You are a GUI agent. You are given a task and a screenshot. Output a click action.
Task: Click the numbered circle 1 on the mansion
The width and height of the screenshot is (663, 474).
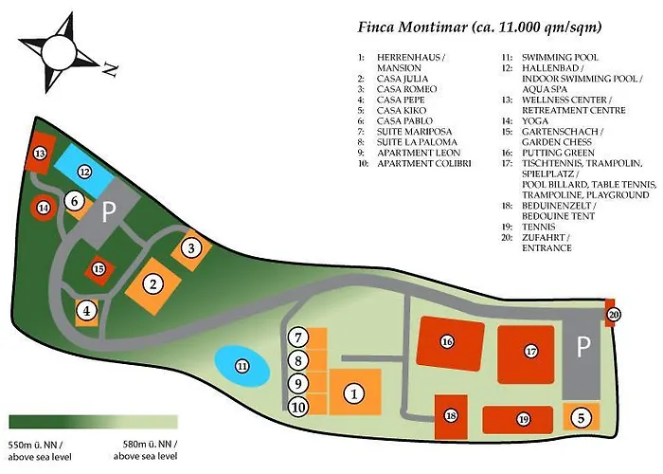click(x=352, y=392)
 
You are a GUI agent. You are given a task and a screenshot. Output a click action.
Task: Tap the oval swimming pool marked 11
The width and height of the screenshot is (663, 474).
click(x=242, y=367)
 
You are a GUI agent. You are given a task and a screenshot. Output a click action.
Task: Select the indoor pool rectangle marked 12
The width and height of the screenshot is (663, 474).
click(x=84, y=173)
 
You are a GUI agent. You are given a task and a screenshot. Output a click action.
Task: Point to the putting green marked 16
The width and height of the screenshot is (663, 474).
click(x=447, y=341)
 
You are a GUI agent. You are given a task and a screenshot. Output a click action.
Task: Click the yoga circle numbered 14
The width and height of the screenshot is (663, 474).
click(x=43, y=208)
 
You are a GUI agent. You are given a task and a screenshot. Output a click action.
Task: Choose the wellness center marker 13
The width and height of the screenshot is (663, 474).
click(x=40, y=154)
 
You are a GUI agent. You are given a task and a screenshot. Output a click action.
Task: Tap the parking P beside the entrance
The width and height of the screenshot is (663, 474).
click(x=583, y=348)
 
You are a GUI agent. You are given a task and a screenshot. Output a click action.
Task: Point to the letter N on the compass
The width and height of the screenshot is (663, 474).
click(x=109, y=68)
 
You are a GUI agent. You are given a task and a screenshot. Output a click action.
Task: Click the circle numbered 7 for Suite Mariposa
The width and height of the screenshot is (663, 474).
click(x=297, y=337)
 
